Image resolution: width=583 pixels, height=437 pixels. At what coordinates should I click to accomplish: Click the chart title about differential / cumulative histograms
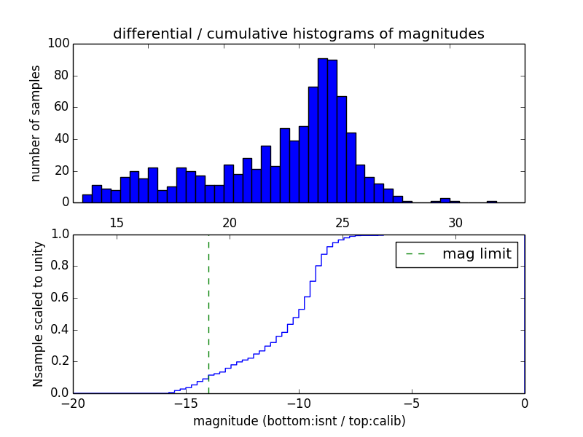[298, 34]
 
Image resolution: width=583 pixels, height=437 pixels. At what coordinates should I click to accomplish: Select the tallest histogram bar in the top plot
[322, 131]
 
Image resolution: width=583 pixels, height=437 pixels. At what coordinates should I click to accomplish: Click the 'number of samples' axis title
[36, 123]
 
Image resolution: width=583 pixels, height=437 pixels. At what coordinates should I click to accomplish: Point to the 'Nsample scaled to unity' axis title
[38, 314]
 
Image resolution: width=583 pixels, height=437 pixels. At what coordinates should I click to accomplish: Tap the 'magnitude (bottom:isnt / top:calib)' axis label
[299, 421]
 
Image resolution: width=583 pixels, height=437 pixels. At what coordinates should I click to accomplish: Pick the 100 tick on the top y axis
[59, 44]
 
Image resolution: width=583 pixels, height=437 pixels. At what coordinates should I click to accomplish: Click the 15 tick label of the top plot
[117, 222]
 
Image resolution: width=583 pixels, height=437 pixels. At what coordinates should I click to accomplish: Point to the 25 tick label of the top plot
[343, 222]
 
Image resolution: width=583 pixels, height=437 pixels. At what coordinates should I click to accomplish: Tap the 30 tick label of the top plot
[455, 222]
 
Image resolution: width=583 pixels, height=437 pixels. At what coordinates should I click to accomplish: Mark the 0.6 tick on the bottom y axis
[58, 298]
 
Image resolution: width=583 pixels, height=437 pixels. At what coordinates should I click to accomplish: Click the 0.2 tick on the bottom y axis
[58, 361]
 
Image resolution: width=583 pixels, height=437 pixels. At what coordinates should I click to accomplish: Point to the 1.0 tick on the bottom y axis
[58, 235]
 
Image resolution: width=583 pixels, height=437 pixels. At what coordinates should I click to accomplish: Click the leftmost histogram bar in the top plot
[87, 199]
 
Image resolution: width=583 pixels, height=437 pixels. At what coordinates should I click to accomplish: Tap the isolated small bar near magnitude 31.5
[492, 202]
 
